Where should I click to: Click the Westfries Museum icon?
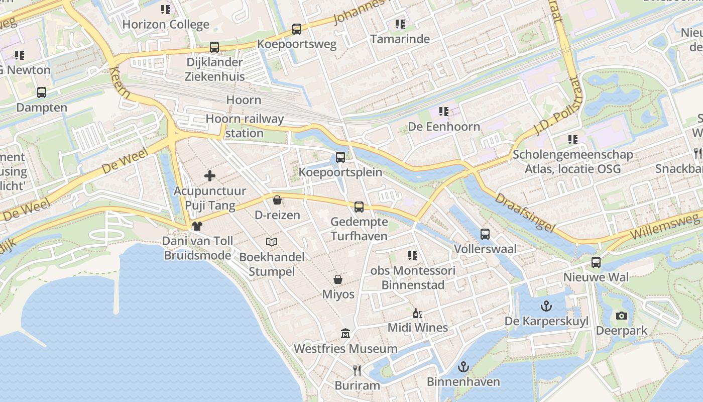[x=345, y=334]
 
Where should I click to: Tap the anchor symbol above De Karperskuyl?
[x=546, y=306]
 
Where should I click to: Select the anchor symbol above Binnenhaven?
[x=463, y=367]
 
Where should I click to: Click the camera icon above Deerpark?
[x=622, y=316]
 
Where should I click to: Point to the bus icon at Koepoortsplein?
[x=340, y=157]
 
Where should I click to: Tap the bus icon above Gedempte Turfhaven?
[x=359, y=207]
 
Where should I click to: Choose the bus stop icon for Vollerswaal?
[x=485, y=234]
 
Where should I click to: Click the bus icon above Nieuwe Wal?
[x=596, y=262]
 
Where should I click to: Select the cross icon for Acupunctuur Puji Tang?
[x=210, y=176]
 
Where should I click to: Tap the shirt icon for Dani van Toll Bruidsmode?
[x=197, y=226]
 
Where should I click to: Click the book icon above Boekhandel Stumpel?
[x=272, y=242]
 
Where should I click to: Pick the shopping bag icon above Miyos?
[x=338, y=279]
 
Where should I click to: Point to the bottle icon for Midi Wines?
[x=417, y=314]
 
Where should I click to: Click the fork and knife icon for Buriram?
[x=357, y=371]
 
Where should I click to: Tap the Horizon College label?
[x=166, y=24]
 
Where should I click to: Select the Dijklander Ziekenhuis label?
[x=215, y=69]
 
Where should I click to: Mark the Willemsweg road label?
[x=664, y=227]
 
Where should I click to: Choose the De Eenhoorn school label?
[x=444, y=127]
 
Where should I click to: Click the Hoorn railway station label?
[x=245, y=126]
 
